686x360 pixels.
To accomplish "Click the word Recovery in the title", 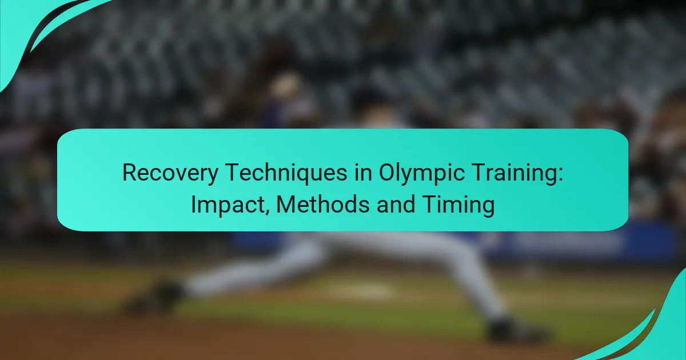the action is coord(170,173).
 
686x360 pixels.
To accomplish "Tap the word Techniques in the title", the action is coord(286,173).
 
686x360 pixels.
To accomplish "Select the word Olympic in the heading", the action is coord(418,173).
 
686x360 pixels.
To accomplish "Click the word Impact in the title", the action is coord(229,205).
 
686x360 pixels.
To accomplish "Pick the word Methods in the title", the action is coord(323,205).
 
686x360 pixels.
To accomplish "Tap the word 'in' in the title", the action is coord(363,173).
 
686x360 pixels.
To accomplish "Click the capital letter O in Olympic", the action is coord(388,173).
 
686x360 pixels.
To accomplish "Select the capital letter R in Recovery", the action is coord(130,173).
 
